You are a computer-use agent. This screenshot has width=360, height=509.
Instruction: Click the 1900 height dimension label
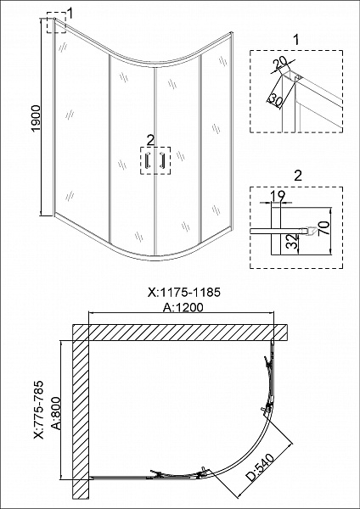pos(36,118)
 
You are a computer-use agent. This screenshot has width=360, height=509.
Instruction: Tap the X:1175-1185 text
pos(184,292)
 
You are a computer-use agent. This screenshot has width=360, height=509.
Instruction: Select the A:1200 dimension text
pos(183,307)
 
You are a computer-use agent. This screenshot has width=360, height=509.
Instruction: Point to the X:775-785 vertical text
pos(39,410)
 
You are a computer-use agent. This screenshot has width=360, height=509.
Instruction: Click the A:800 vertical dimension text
pos(56,412)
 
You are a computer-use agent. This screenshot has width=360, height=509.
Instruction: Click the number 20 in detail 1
pos(278,64)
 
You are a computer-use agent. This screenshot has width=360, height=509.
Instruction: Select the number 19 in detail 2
pos(278,196)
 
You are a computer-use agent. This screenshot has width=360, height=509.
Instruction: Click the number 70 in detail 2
pos(324,229)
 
